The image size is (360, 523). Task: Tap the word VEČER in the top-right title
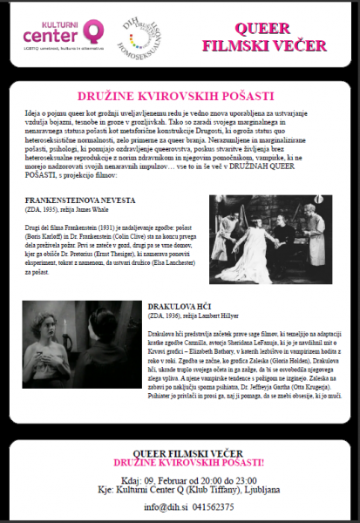pos(302,44)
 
